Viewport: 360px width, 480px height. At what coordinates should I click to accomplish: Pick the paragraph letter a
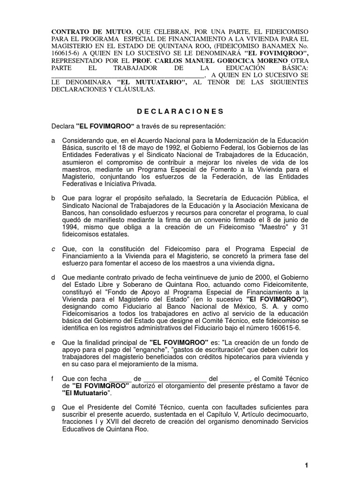53,140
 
